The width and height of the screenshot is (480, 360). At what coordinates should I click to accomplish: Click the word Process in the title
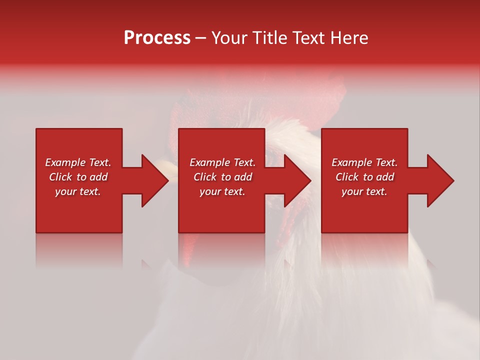click(157, 38)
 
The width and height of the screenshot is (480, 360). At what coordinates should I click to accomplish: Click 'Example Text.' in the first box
click(78, 162)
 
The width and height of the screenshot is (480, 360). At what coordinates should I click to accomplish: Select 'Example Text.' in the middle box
click(222, 162)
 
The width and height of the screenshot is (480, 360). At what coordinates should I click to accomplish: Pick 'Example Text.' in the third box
click(364, 162)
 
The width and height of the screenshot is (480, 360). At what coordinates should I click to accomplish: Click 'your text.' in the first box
click(78, 191)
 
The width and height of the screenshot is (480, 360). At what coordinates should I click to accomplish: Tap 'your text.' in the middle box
click(222, 191)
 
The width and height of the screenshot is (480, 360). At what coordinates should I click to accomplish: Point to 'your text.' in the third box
click(364, 191)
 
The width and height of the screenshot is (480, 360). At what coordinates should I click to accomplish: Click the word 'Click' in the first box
click(61, 177)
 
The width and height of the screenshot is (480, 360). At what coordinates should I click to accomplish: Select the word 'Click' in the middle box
click(205, 177)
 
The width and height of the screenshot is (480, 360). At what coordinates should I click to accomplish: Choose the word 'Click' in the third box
click(347, 177)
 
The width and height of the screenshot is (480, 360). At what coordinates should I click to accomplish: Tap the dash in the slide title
click(200, 38)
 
